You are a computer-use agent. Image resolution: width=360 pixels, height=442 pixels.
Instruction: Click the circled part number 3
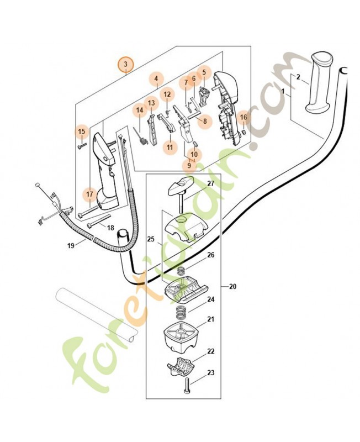[125, 65]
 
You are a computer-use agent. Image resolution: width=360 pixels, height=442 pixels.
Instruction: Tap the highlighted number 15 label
[82, 131]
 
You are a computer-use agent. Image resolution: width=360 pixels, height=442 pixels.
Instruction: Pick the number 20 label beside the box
[232, 287]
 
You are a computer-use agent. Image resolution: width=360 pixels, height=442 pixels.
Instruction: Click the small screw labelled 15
[81, 144]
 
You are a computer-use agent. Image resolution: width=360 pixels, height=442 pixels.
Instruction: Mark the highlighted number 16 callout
[243, 117]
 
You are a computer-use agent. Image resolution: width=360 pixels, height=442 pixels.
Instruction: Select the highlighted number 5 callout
[203, 72]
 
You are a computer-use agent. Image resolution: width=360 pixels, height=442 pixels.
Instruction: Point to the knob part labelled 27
[179, 186]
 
